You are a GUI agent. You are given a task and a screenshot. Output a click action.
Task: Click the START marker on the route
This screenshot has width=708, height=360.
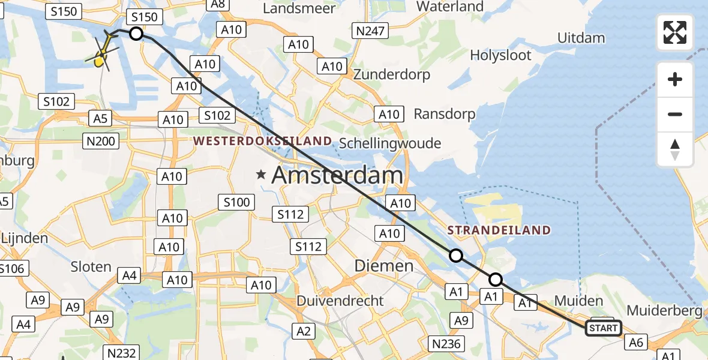[603, 328]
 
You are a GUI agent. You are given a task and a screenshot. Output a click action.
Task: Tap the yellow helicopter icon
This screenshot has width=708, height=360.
[102, 52]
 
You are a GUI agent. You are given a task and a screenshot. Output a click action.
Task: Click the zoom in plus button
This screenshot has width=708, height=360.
[675, 80]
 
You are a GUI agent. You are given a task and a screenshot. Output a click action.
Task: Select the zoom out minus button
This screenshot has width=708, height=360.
[675, 115]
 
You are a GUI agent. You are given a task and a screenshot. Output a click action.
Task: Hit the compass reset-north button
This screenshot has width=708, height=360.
[675, 149]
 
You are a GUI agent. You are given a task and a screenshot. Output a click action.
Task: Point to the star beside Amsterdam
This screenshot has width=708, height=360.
[261, 175]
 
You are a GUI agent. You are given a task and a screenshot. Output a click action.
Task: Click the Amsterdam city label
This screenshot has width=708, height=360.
[337, 175]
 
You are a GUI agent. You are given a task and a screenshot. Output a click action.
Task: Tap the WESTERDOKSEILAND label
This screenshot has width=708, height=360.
[262, 141]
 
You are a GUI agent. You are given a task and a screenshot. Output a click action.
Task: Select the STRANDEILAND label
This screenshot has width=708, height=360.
[499, 230]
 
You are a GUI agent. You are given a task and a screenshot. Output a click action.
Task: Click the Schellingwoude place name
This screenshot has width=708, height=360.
[390, 143]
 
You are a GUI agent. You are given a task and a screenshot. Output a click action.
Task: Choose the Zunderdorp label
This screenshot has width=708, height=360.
[392, 74]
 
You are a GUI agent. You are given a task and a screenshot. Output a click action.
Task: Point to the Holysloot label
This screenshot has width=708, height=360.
[500, 55]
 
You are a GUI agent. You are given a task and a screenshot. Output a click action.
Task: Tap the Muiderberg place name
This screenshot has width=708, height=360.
[664, 311]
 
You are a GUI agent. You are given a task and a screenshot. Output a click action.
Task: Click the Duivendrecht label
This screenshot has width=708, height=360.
[340, 300]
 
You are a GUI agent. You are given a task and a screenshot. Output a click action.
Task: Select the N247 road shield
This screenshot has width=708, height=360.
[370, 31]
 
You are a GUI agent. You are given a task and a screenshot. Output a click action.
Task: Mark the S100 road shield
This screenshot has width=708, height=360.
[236, 202]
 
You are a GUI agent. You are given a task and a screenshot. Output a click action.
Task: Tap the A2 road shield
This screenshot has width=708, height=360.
[304, 331]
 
